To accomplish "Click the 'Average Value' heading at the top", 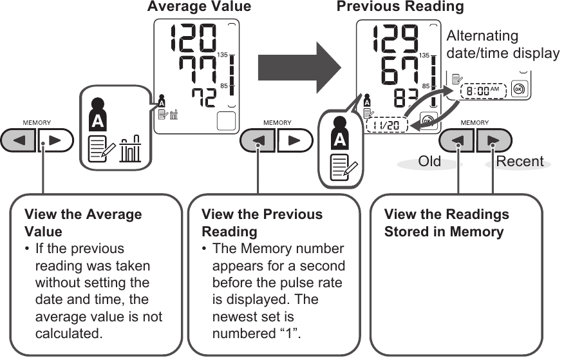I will point(199,7).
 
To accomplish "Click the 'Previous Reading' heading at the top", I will point(400,7).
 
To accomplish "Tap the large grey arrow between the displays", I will point(299,65).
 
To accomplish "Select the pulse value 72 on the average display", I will point(205,99).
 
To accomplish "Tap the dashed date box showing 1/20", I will point(386,124).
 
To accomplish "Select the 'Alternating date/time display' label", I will point(502,44).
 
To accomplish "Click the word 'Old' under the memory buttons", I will point(429,161).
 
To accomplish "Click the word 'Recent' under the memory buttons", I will point(520,161).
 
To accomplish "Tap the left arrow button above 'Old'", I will point(458,140).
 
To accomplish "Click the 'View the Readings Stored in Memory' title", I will point(446,222).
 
